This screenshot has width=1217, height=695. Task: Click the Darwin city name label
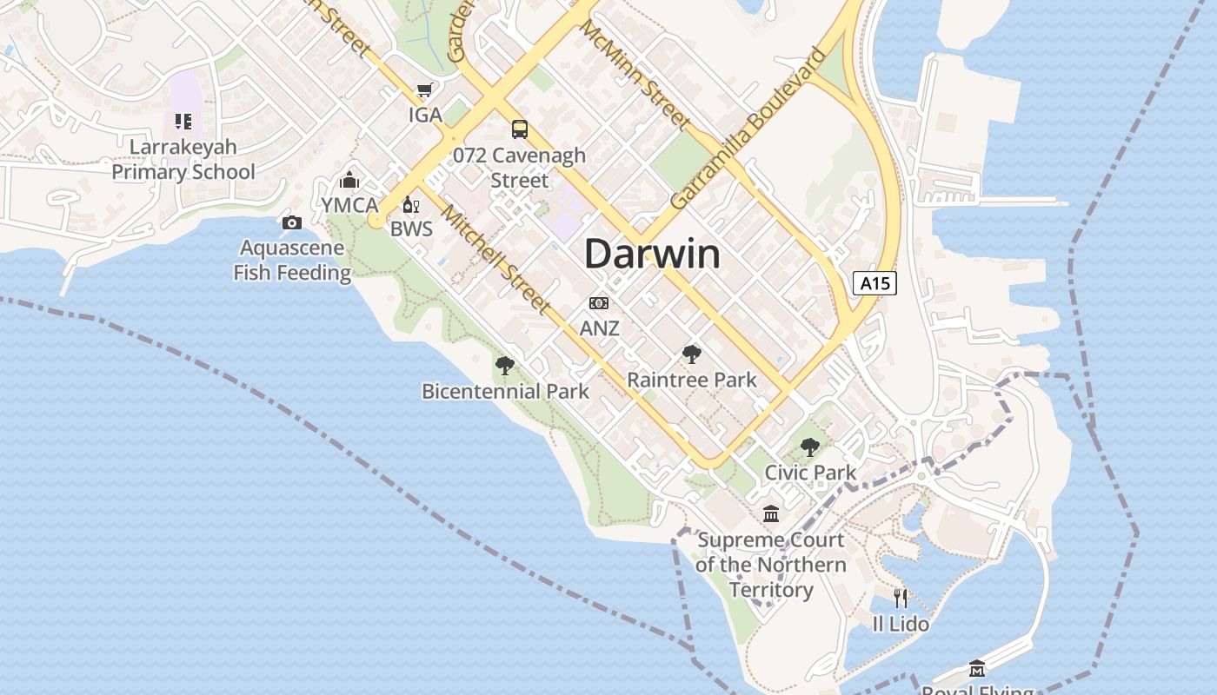click(x=652, y=254)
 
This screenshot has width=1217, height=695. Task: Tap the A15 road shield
click(x=874, y=283)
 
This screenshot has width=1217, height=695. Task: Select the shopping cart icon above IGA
click(x=425, y=90)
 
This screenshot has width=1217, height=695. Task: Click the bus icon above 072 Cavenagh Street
click(x=520, y=129)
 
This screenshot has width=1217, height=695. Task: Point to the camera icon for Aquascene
click(x=292, y=223)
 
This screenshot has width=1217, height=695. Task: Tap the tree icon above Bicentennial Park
click(x=504, y=366)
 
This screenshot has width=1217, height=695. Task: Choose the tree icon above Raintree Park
click(x=692, y=354)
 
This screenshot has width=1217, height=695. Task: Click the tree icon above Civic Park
click(x=810, y=447)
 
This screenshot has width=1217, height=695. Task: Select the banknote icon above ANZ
click(x=599, y=303)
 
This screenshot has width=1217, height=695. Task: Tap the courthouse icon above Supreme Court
click(x=771, y=514)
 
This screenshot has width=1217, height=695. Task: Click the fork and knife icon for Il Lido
click(x=901, y=598)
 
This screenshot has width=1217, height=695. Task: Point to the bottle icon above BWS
click(x=410, y=205)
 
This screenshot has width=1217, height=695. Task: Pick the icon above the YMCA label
click(x=349, y=180)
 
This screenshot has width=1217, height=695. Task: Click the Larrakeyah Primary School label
click(x=183, y=159)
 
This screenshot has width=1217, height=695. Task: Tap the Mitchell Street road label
click(x=495, y=258)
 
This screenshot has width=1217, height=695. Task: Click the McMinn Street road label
click(x=635, y=73)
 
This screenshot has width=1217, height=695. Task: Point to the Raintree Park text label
click(x=692, y=380)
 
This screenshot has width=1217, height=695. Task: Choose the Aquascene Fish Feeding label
click(x=292, y=260)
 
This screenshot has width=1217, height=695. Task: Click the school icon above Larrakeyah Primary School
click(x=183, y=121)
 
